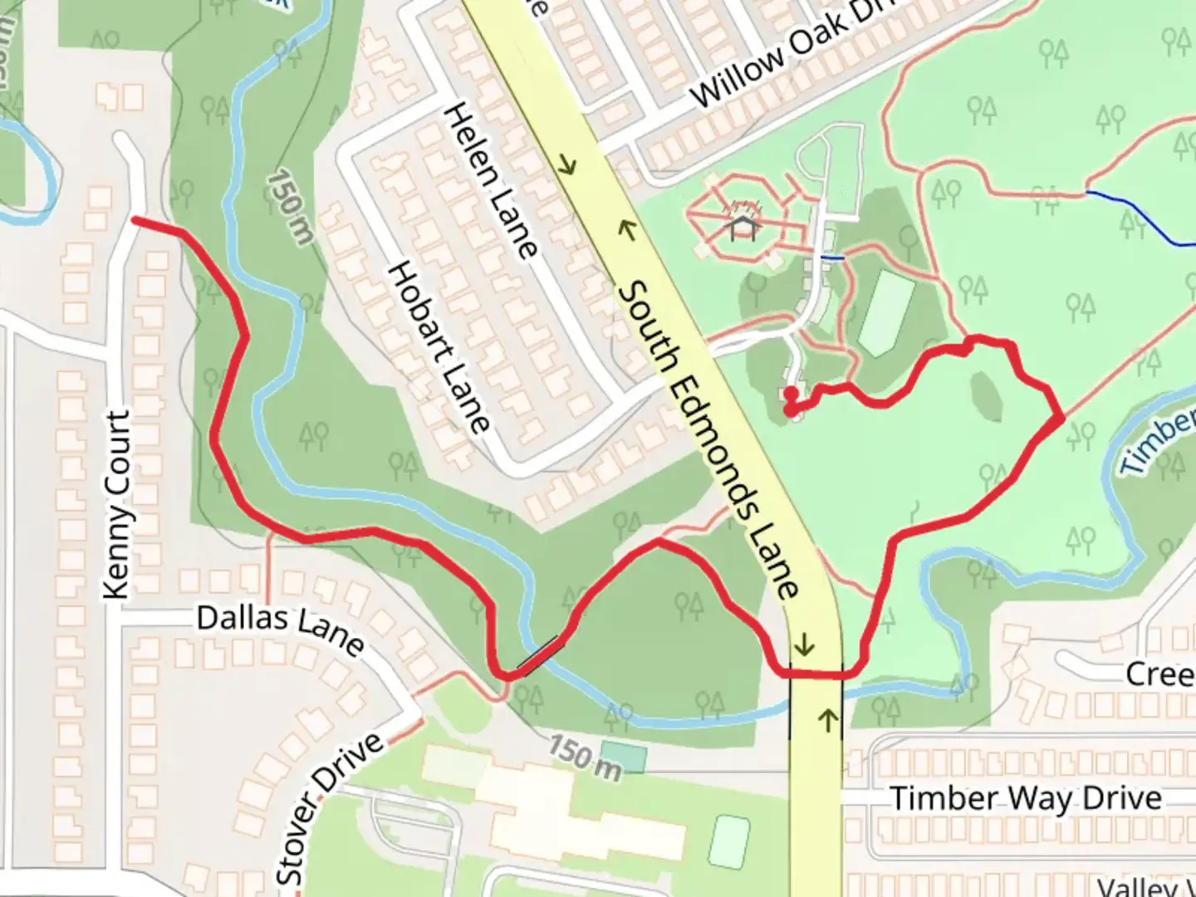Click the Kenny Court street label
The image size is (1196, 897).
[x=119, y=505]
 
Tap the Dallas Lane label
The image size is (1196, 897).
[x=280, y=629]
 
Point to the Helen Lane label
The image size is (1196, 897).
[x=492, y=179]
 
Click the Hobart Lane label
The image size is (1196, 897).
[x=438, y=347]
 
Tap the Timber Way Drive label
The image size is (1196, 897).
[x=1026, y=799]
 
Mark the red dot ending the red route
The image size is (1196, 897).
[x=792, y=394]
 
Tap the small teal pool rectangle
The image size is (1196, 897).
[x=623, y=757]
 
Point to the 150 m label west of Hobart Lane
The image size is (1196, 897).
[x=291, y=207]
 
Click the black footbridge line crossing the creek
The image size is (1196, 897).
[x=539, y=654]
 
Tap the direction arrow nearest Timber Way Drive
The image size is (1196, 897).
[x=827, y=720]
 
